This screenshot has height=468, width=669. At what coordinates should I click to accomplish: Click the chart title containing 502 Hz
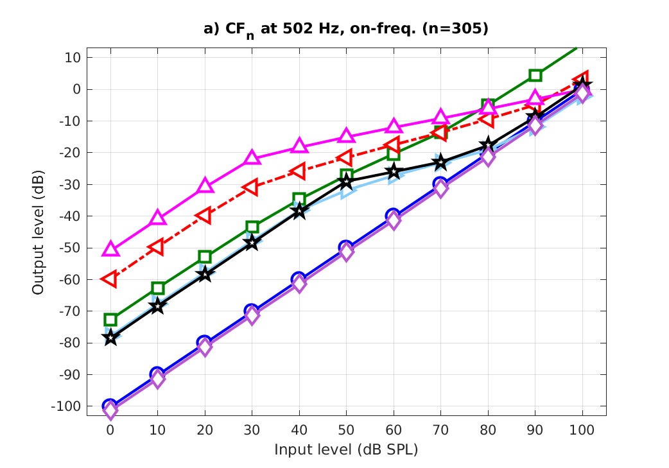click(x=346, y=30)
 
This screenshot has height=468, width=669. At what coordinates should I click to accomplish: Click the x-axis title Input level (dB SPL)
click(x=346, y=449)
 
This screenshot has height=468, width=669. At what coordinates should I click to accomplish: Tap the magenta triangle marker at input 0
click(x=110, y=249)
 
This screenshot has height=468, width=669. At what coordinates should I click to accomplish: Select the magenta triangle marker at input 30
click(x=252, y=158)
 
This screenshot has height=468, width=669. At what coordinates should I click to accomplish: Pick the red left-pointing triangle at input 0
click(x=110, y=279)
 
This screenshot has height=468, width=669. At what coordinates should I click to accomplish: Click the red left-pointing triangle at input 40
click(x=299, y=171)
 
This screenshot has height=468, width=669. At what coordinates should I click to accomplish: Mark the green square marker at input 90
click(x=535, y=75)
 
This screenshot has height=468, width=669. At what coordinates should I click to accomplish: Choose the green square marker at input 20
click(x=205, y=257)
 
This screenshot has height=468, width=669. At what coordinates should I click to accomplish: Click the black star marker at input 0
click(x=110, y=337)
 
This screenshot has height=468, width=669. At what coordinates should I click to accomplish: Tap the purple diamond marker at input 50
click(x=347, y=252)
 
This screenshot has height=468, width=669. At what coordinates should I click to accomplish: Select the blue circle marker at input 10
click(x=157, y=374)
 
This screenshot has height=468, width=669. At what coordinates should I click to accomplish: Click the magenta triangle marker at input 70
click(x=441, y=117)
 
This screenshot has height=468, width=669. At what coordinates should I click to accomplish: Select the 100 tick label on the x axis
click(x=582, y=428)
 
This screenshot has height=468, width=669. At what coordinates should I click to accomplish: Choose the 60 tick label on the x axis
click(x=394, y=428)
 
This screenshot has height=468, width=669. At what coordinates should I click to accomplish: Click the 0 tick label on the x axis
click(x=110, y=428)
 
